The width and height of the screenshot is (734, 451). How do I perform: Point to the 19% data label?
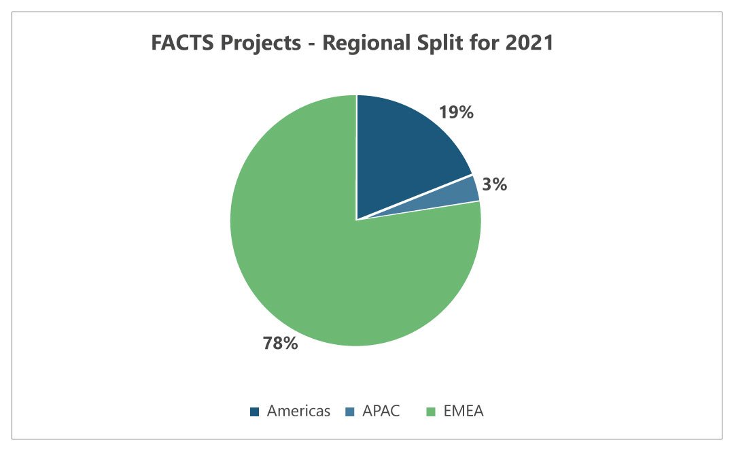(456, 112)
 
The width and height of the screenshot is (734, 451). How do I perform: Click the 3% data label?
(495, 184)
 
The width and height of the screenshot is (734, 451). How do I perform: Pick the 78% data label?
(280, 343)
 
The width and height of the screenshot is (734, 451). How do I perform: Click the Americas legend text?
(298, 411)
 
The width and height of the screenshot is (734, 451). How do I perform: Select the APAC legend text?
(381, 411)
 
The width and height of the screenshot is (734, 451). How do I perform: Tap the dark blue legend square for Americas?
(255, 412)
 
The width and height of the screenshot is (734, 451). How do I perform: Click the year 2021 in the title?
(531, 44)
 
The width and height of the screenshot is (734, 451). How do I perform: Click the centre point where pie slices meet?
(356, 220)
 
